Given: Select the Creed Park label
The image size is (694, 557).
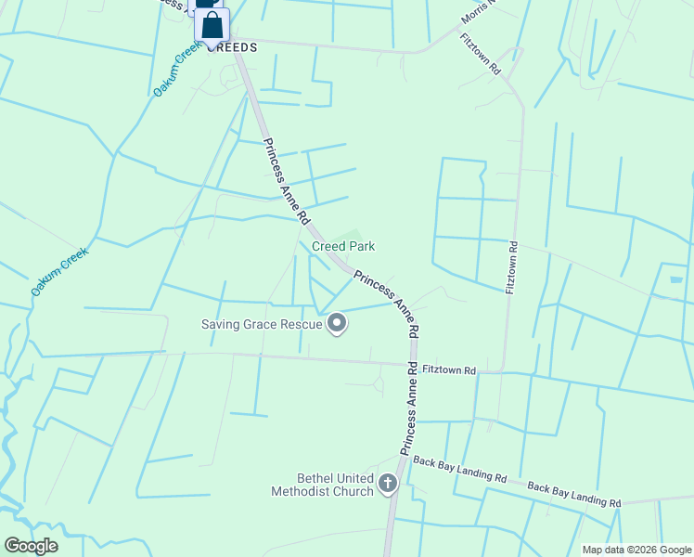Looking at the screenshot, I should click(x=343, y=246).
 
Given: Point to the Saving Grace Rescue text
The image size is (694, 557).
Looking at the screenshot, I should click(x=262, y=324).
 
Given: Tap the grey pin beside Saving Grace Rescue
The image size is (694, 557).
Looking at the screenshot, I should click(x=337, y=324).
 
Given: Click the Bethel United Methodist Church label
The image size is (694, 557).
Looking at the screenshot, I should click(x=322, y=485).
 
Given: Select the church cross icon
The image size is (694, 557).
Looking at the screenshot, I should click(x=388, y=484).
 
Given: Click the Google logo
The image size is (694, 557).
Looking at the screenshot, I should click(x=31, y=546).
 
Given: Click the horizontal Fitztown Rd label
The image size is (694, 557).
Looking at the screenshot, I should click(x=448, y=370).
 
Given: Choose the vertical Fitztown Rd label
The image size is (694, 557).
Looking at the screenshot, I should click(x=511, y=268).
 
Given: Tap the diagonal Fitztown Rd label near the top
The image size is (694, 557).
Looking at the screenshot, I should click(x=480, y=55).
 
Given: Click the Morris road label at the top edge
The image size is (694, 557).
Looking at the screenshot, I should click(x=479, y=13).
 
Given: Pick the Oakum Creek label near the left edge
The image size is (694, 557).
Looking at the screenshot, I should click(x=59, y=272).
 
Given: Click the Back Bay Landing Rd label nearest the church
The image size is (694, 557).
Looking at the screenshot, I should click(x=459, y=468).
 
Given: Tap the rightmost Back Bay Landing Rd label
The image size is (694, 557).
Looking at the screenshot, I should click(x=573, y=494).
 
